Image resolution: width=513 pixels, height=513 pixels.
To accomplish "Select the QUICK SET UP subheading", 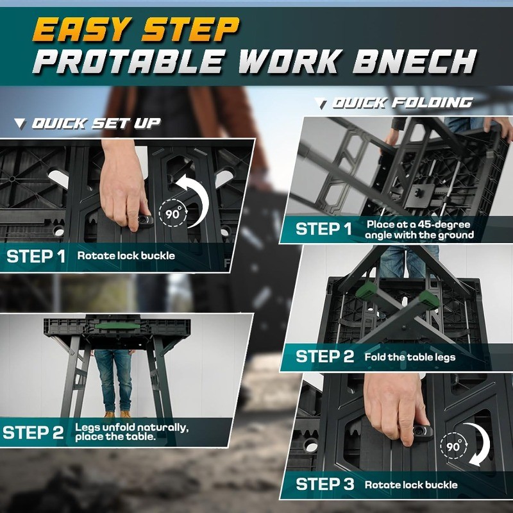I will pos(96,123).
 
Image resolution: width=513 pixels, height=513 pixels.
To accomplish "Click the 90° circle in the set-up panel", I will pos(171,214).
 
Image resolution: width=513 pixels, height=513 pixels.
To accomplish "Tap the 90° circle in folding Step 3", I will pos(454,448).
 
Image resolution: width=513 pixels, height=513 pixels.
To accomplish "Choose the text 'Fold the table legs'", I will pos(410,357).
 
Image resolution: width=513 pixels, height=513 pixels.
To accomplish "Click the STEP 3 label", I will pos(324,484).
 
